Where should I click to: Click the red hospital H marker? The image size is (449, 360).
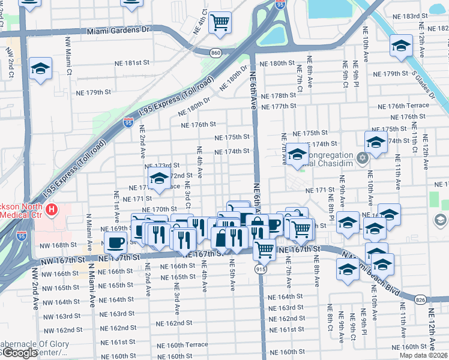[52, 209]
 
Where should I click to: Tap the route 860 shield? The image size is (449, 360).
[215, 53]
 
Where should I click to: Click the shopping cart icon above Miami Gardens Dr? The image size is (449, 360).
[221, 23]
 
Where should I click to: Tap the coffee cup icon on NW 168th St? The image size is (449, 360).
[115, 242]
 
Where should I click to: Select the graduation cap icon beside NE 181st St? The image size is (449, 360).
[40, 69]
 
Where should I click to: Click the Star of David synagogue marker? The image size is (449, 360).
[361, 158]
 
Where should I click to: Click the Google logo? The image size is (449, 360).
[20, 353]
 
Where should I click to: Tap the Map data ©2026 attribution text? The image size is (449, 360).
[422, 355]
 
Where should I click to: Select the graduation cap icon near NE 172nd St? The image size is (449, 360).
[159, 179]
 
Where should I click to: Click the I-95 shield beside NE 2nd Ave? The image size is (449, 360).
[128, 122]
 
